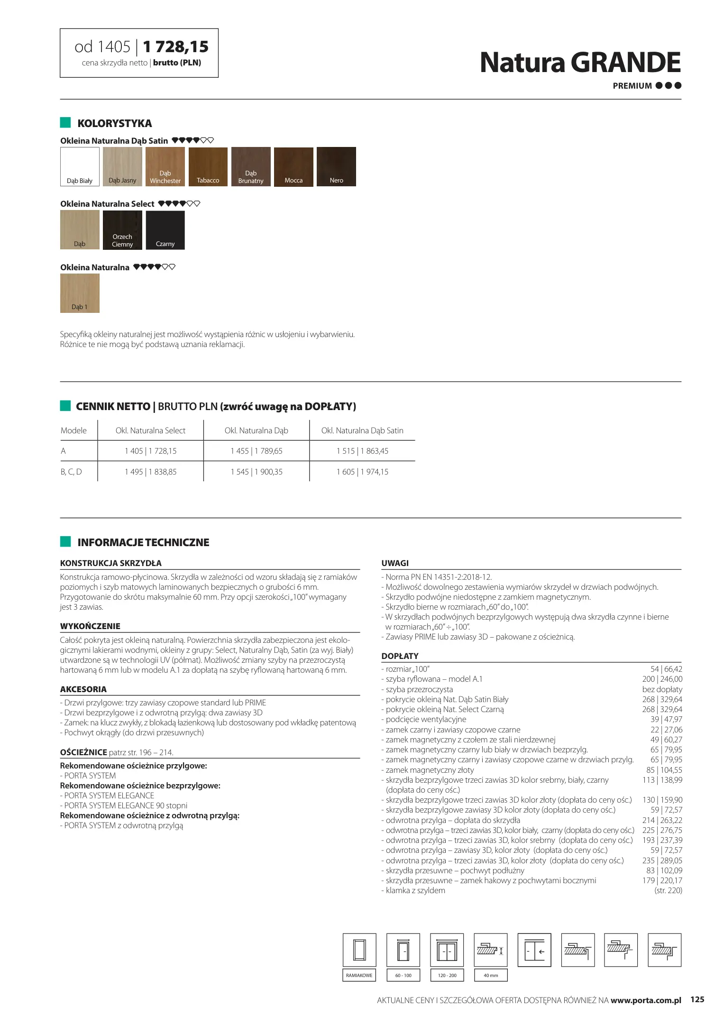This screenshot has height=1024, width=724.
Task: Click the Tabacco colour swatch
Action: tap(208, 166)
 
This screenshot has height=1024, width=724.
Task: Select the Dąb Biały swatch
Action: tap(80, 166)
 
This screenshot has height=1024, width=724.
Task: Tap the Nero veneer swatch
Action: tap(336, 166)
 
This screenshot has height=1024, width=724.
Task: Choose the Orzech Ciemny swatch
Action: tap(122, 230)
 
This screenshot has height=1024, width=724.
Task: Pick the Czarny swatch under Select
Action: tap(165, 230)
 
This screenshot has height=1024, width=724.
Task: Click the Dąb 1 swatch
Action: tap(80, 293)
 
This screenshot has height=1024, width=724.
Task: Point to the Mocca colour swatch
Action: tap(293, 166)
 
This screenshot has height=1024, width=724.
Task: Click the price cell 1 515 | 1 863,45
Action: tap(362, 451)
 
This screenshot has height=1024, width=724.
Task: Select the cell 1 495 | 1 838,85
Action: tap(151, 472)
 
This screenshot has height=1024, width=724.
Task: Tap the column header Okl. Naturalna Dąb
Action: tap(256, 430)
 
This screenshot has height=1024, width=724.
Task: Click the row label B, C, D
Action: tap(71, 472)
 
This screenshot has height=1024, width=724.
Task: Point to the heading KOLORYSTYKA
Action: tap(115, 123)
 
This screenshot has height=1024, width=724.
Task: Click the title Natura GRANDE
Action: tap(580, 63)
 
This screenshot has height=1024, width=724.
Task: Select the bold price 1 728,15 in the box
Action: tap(175, 47)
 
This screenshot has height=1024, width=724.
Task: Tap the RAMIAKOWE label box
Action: tap(359, 975)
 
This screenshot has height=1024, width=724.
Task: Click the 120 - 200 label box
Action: tap(447, 975)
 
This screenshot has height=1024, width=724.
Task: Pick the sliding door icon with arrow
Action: tap(534, 951)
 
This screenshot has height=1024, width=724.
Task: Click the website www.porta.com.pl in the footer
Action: tap(645, 1000)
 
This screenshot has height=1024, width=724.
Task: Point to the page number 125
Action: tap(697, 999)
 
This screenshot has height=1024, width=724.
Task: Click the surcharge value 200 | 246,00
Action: tap(662, 679)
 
